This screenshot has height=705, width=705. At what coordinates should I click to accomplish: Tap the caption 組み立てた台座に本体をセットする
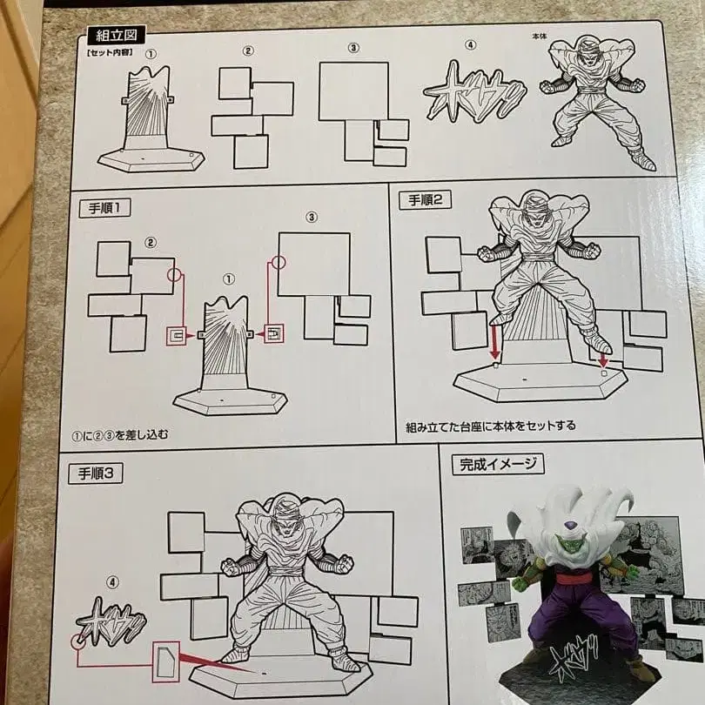(x=490, y=427)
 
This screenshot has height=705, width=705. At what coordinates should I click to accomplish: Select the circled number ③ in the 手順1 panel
(x=312, y=217)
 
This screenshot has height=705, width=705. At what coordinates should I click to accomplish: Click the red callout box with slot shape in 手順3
(x=166, y=662)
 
